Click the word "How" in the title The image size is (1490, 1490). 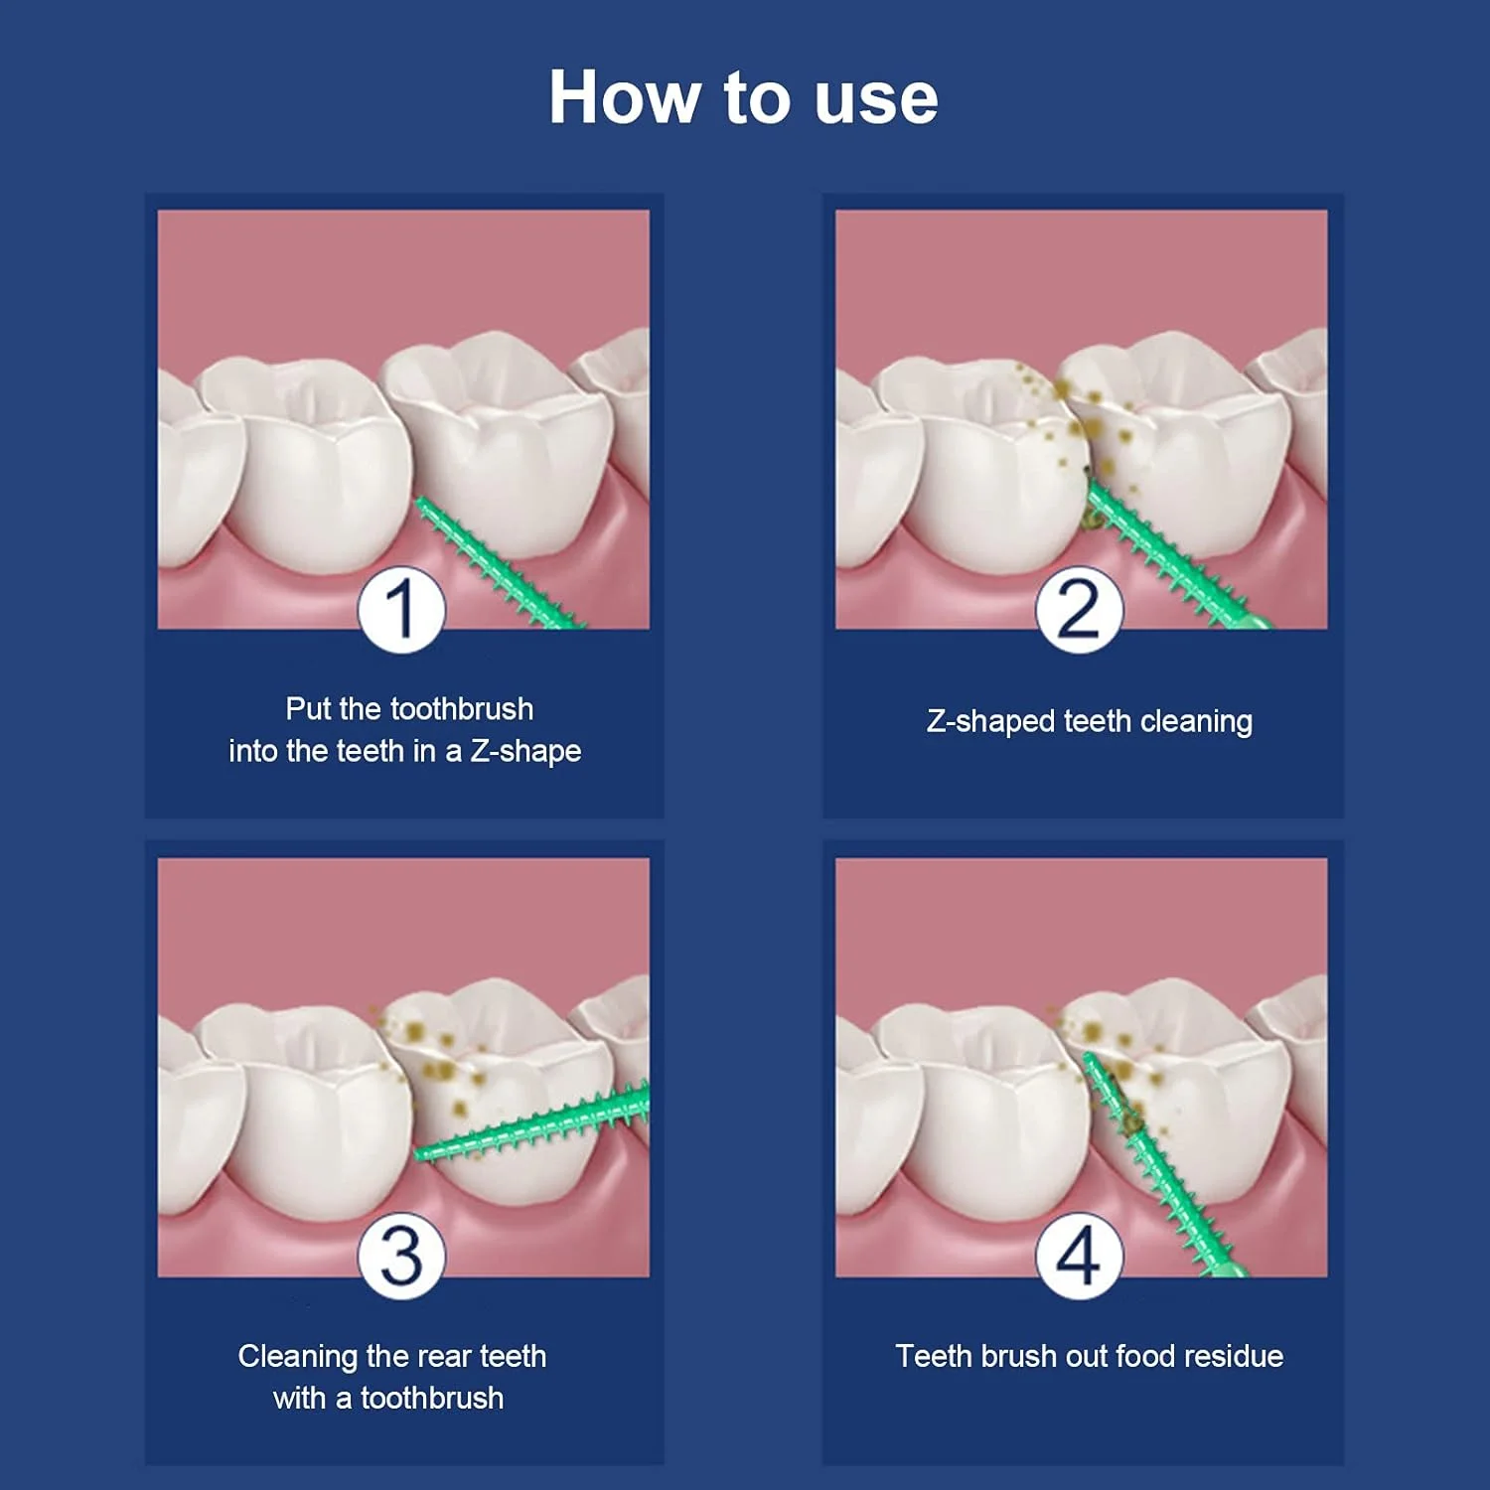(x=625, y=97)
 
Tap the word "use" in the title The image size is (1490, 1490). (x=875, y=101)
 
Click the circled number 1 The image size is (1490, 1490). (x=401, y=608)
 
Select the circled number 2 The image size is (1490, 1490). (x=1079, y=608)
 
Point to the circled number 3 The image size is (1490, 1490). (x=401, y=1256)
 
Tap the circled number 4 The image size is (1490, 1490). (x=1079, y=1256)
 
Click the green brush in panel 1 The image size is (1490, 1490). (x=497, y=564)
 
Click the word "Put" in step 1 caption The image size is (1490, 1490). (x=308, y=708)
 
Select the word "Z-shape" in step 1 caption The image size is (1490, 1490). (x=525, y=751)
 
